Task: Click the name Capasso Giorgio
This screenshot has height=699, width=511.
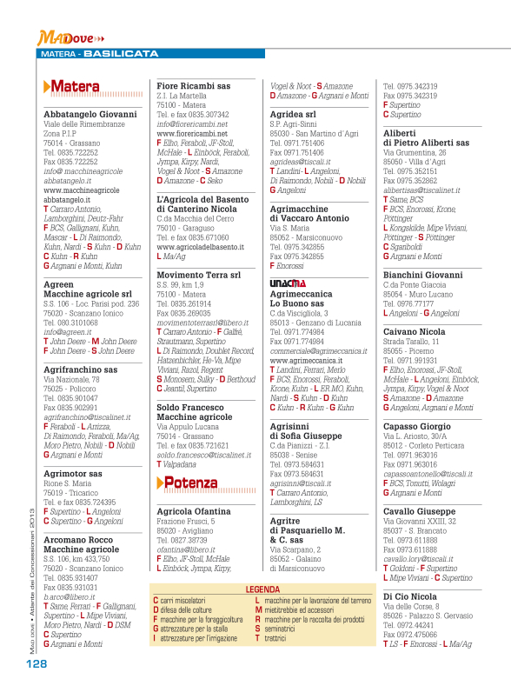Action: click(x=419, y=426)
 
